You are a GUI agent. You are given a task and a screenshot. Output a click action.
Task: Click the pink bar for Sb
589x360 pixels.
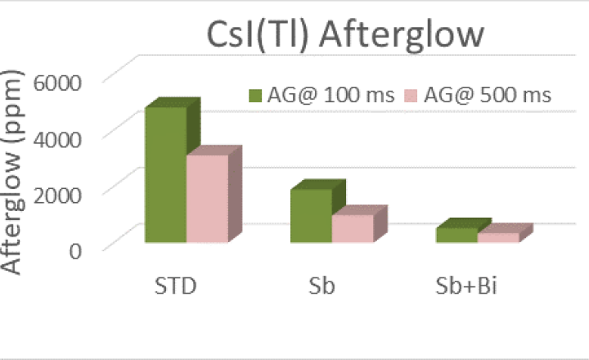(x=352, y=228)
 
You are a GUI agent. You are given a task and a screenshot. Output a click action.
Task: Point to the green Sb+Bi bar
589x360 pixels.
(x=456, y=235)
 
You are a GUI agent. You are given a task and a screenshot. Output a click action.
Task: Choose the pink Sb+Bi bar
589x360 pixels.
(x=497, y=237)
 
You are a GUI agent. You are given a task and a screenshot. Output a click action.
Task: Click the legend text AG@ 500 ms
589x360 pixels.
(x=483, y=95)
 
